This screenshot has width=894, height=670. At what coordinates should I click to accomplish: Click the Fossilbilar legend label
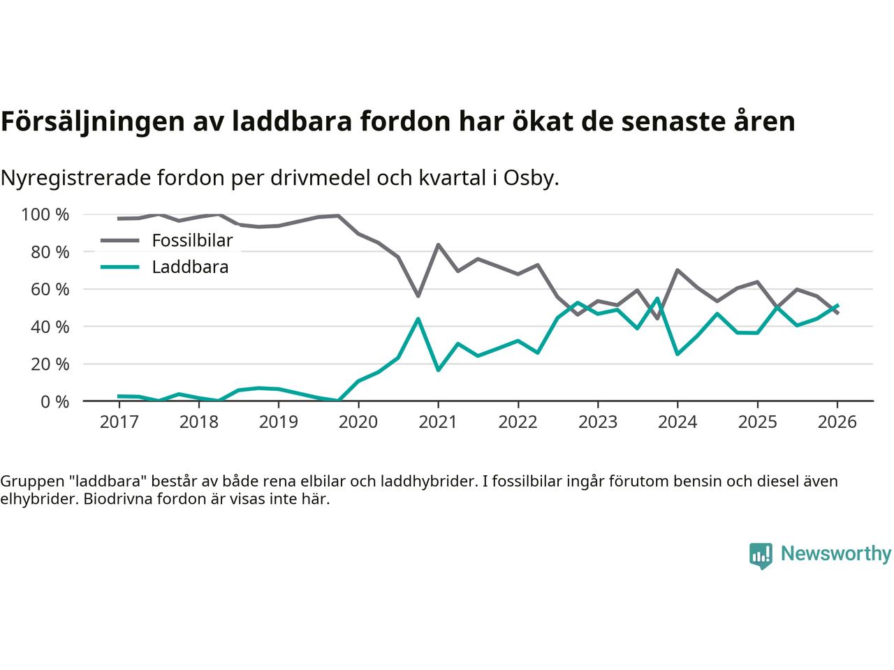(192, 241)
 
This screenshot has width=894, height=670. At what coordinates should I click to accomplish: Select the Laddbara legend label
(190, 267)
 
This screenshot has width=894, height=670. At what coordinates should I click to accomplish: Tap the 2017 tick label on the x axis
(119, 422)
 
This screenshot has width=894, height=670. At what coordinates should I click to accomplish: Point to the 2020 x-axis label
(358, 422)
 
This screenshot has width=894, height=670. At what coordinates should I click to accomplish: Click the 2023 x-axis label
(598, 422)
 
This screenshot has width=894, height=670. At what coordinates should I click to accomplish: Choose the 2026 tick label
(837, 422)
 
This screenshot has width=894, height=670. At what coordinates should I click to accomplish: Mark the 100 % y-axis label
(45, 214)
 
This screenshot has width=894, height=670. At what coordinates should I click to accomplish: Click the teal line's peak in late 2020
(418, 319)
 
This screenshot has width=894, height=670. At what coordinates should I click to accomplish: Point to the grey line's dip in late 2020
(418, 296)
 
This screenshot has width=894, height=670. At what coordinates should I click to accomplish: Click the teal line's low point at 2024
(677, 354)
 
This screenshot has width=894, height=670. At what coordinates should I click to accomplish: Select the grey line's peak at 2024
(677, 270)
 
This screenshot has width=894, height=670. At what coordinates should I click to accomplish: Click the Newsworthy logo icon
(761, 556)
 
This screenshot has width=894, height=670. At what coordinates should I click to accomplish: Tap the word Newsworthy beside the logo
(835, 554)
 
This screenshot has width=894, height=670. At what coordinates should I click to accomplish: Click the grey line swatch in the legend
(120, 241)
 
